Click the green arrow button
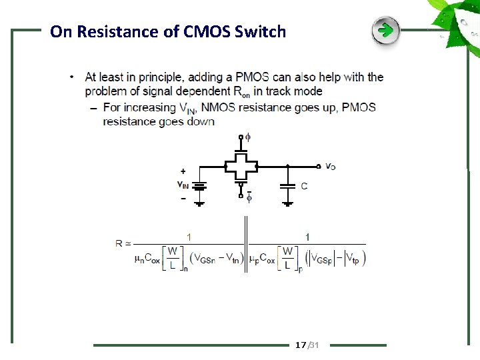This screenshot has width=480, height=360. tap(385, 31)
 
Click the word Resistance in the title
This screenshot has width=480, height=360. tap(123, 31)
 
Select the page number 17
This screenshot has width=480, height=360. tap(301, 345)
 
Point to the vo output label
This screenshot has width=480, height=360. tap(330, 166)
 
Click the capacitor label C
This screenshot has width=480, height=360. tap(304, 186)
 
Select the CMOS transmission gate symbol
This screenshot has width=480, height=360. tap(241, 166)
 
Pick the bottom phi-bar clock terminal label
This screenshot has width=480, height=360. tap(248, 197)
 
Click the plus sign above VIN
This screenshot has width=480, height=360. tap(183, 171)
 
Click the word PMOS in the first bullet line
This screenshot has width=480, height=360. tap(252, 77)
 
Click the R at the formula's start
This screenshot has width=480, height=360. tap(119, 244)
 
